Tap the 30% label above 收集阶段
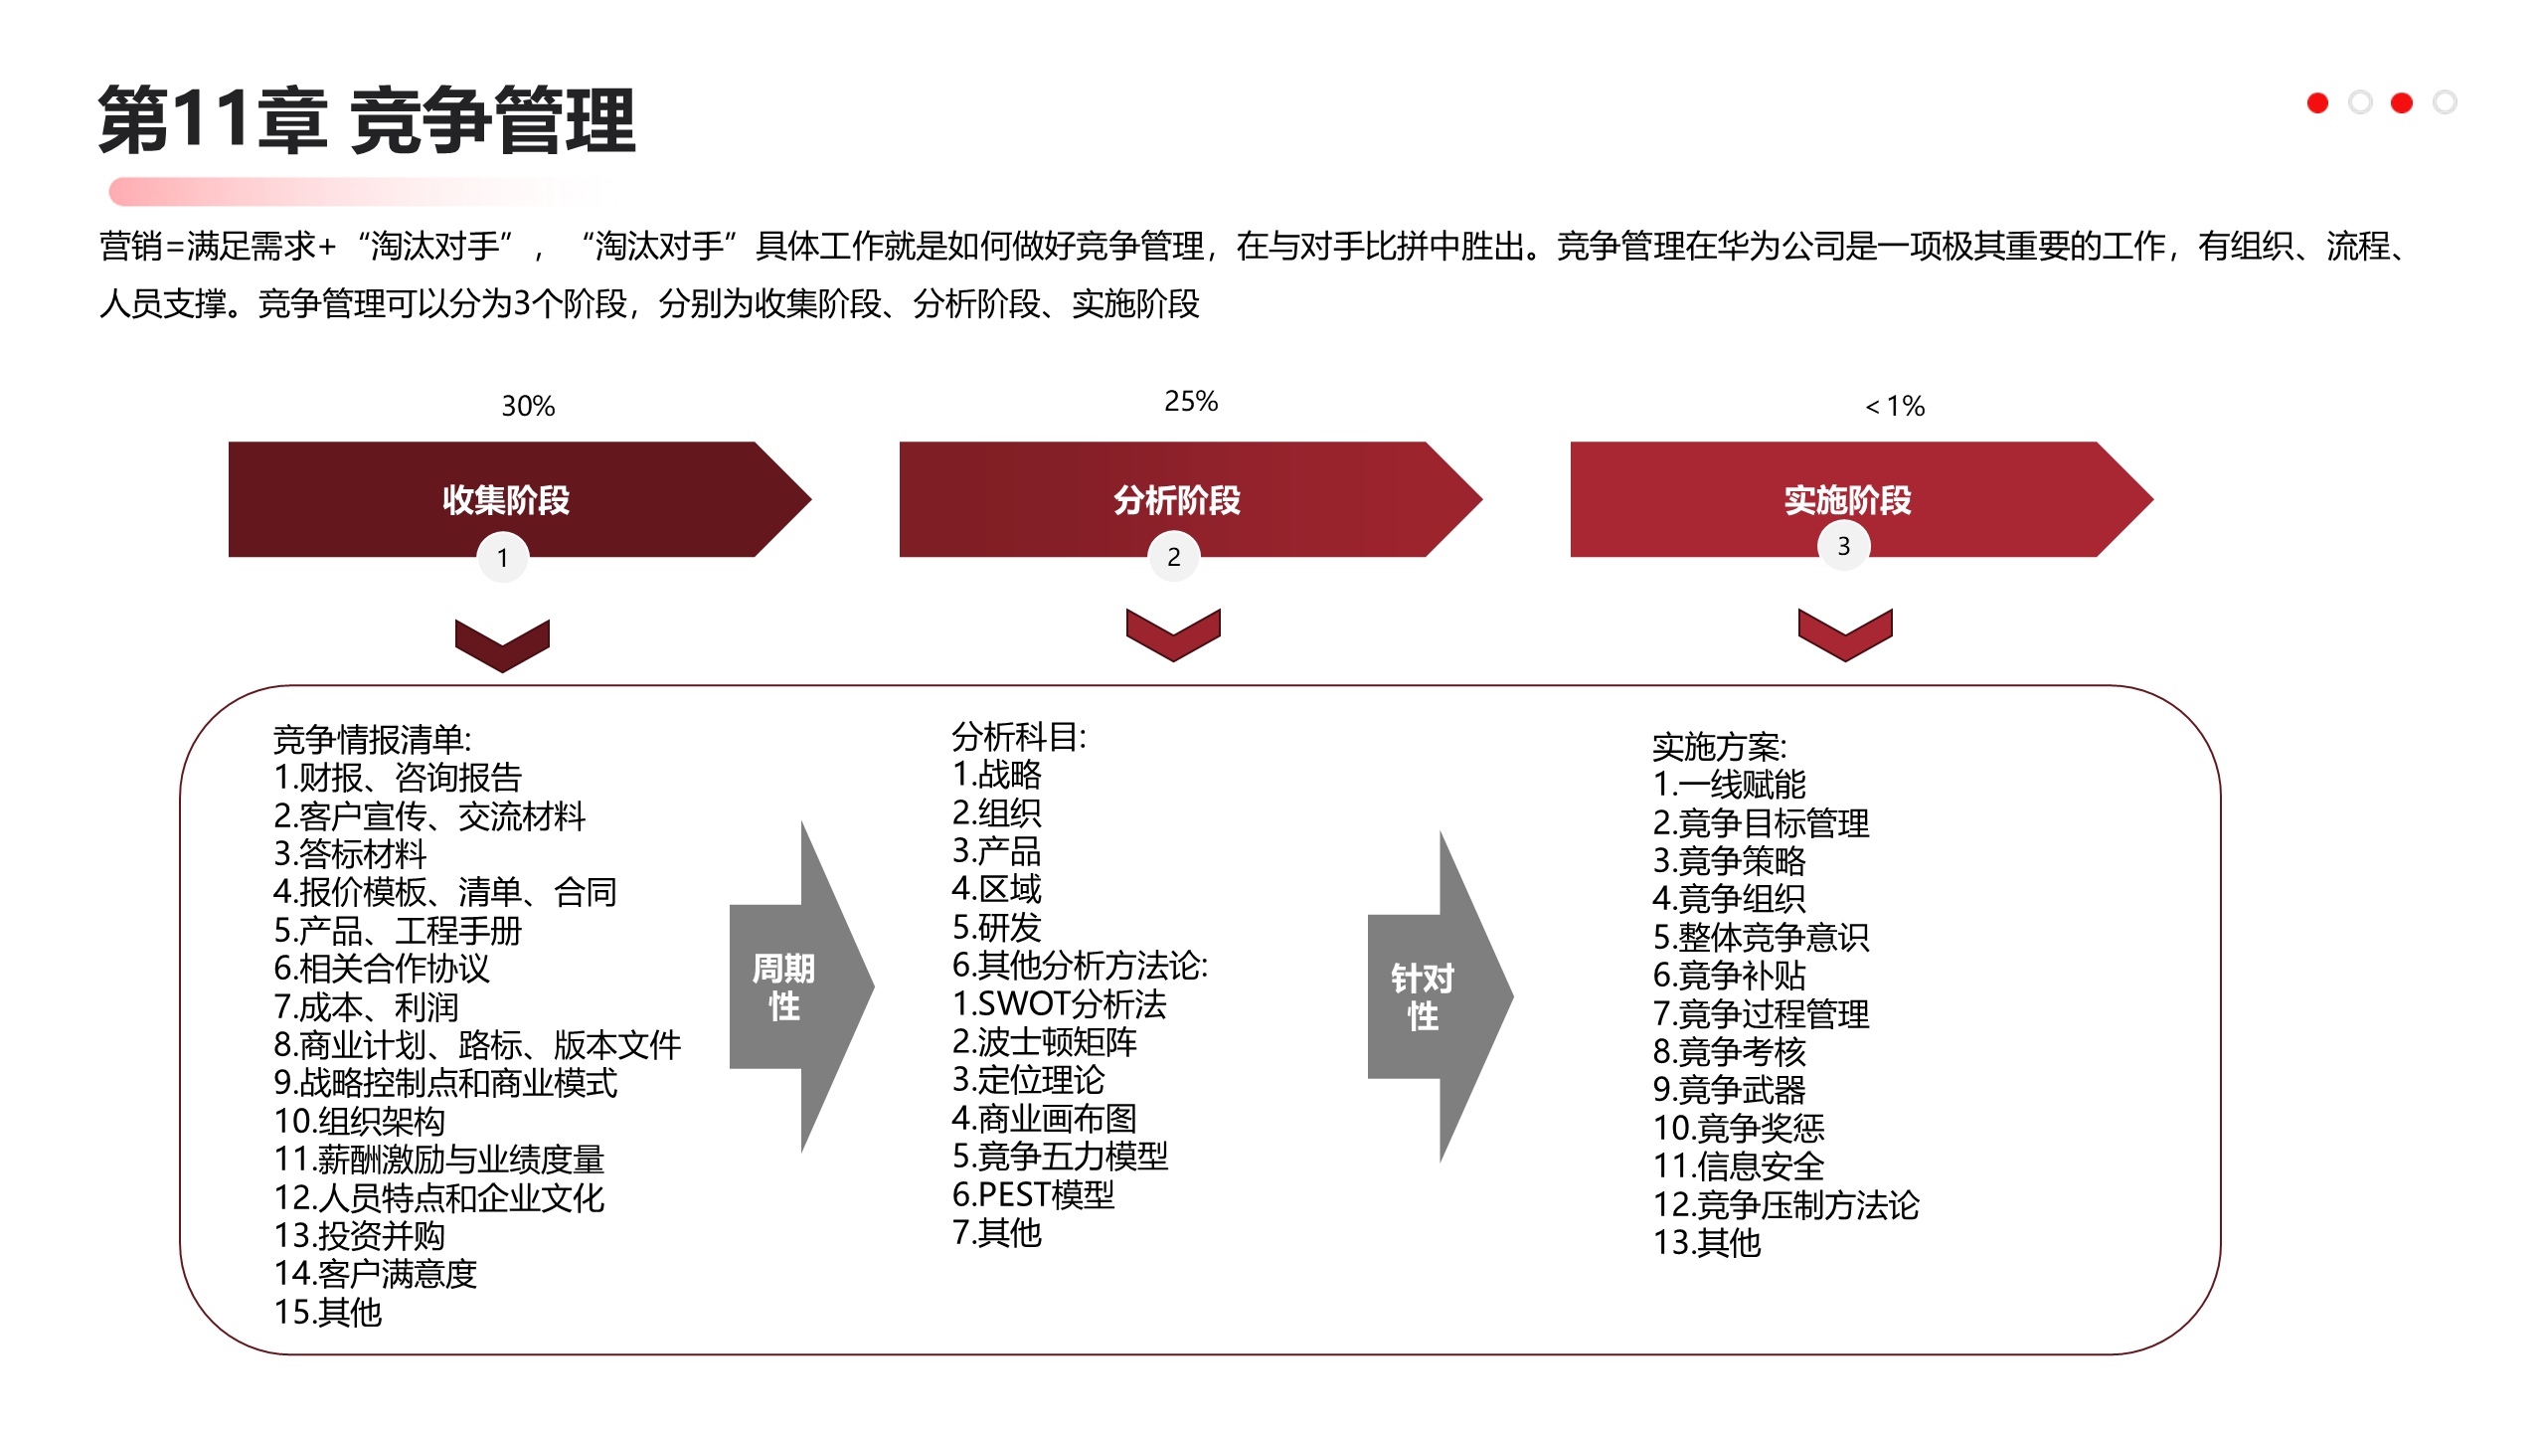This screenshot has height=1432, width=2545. pyautogui.click(x=528, y=406)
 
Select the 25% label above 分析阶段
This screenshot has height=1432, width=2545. pyautogui.click(x=1191, y=401)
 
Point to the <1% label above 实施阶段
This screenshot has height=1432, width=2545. pyautogui.click(x=1895, y=406)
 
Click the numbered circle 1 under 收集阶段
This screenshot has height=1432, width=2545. pyautogui.click(x=503, y=558)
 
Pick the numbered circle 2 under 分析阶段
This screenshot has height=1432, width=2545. pyautogui.click(x=1174, y=557)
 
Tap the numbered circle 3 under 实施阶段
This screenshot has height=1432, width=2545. pyautogui.click(x=1844, y=546)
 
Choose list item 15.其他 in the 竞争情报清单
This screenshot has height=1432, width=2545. pyautogui.click(x=328, y=1313)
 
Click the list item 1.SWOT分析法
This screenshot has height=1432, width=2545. pyautogui.click(x=1059, y=1003)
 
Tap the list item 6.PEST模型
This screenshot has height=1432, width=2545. pyautogui.click(x=1033, y=1194)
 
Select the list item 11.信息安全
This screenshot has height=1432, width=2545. pyautogui.click(x=1739, y=1165)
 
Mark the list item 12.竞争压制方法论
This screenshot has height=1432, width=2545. pyautogui.click(x=1785, y=1204)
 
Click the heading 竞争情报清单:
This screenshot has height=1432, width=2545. pyautogui.click(x=372, y=739)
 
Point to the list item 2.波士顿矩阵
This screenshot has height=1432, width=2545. pyautogui.click(x=1044, y=1041)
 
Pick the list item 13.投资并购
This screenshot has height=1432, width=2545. pyautogui.click(x=359, y=1235)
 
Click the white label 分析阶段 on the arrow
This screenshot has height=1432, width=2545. pyautogui.click(x=1177, y=500)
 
